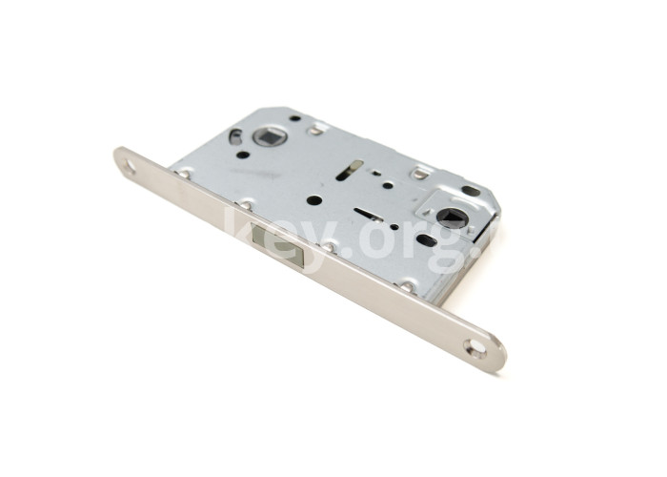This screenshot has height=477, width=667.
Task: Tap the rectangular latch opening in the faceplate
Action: click(x=277, y=246)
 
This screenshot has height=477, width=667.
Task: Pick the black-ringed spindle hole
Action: click(x=448, y=216)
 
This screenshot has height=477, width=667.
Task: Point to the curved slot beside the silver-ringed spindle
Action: click(x=234, y=135)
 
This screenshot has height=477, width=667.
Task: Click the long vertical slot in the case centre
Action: click(x=350, y=170)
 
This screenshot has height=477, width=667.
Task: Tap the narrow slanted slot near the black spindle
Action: click(x=369, y=215)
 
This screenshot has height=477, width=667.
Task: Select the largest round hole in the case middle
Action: click(x=313, y=200)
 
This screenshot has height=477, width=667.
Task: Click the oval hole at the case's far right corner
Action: click(x=471, y=190)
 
